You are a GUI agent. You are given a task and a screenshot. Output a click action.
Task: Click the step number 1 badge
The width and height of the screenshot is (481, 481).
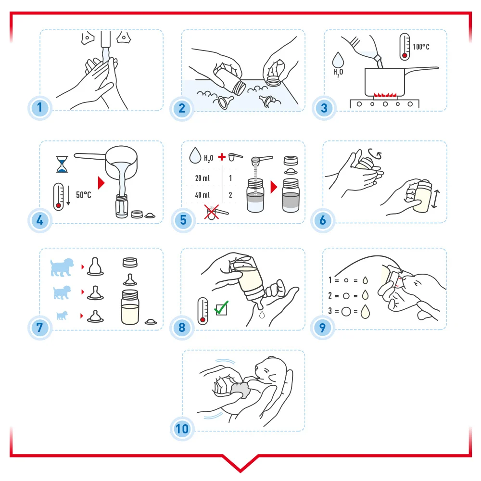pos(39,108)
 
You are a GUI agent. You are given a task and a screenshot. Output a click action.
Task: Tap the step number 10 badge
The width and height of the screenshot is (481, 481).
pos(182,429)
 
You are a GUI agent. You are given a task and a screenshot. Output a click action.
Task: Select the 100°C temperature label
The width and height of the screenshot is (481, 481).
pos(421,47)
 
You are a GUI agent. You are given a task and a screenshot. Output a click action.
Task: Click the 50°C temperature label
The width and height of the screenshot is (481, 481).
pos(83,195)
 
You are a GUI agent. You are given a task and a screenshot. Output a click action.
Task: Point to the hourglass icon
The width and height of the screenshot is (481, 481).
pos(62,164)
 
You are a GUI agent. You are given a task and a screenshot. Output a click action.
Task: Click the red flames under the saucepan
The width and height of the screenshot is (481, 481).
pos(385,94)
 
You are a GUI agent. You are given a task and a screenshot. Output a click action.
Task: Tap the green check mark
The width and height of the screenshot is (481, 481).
pos(221,308)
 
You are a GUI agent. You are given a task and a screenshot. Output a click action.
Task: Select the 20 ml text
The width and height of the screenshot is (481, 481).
pos(202,178)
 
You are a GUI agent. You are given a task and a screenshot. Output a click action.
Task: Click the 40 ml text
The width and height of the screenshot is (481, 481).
pos(202,195)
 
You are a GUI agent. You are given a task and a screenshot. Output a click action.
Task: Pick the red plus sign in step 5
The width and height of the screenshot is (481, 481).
pos(222,157)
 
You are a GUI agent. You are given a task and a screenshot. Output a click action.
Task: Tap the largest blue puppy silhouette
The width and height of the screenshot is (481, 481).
pos(62,267)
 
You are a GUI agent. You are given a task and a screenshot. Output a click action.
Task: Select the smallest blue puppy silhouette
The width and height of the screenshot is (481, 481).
pos(62,316)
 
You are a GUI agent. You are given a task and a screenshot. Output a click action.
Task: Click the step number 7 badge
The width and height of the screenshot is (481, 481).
pos(39,327)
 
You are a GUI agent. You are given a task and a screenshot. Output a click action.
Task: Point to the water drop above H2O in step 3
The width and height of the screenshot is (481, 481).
pos(338,60)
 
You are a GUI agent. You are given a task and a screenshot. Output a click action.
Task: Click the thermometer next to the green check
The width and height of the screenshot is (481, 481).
pos(203,311)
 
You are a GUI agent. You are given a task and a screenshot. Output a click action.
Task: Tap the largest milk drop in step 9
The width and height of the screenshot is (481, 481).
pos(365,311)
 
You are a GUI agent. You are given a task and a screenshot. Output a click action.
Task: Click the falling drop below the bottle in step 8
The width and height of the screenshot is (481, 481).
pos(262,315)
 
